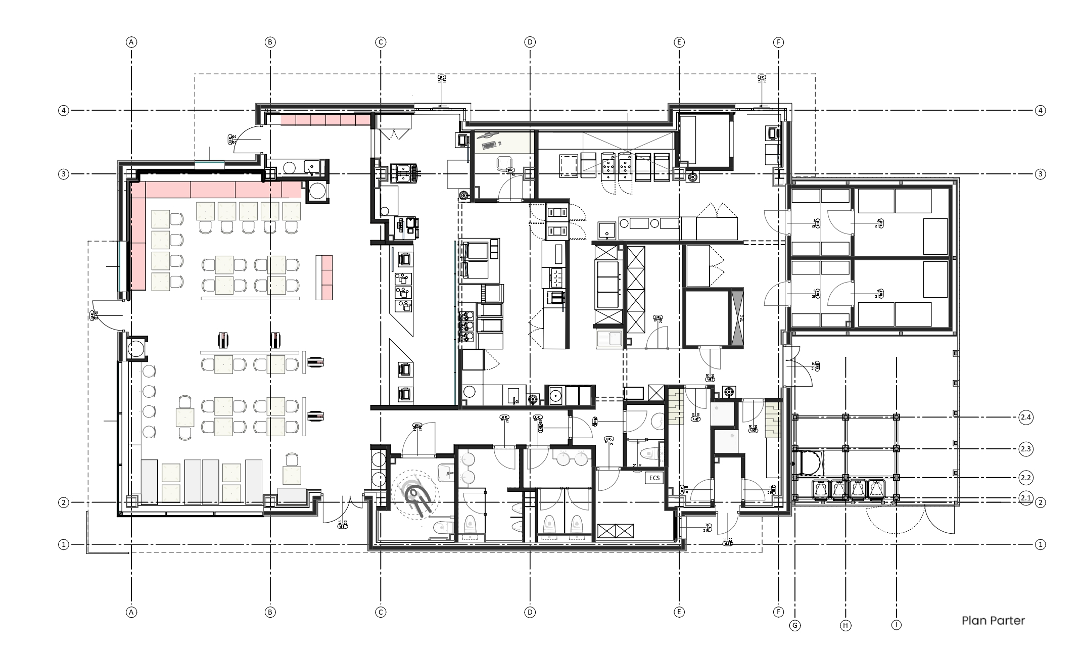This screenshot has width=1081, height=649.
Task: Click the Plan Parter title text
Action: click(x=993, y=621)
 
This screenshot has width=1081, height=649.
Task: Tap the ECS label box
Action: click(x=654, y=478)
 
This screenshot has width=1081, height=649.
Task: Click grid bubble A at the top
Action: click(x=131, y=42)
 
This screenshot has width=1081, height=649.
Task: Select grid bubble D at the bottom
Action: click(x=530, y=612)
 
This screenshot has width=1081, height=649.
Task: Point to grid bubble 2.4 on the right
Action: click(x=1025, y=418)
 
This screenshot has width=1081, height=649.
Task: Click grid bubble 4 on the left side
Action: click(x=63, y=110)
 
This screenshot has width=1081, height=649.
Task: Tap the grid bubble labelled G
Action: click(x=795, y=626)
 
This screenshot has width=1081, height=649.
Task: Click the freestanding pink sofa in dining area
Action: click(x=324, y=277)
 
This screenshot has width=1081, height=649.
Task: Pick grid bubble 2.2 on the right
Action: click(x=1025, y=477)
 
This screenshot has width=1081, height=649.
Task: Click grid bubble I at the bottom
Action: click(x=897, y=625)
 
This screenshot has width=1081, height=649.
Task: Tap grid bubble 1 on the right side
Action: click(x=1040, y=544)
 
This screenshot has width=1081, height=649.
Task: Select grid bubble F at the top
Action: click(x=778, y=42)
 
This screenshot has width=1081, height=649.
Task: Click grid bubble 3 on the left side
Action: click(x=63, y=174)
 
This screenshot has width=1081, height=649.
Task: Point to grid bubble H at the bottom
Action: click(x=845, y=626)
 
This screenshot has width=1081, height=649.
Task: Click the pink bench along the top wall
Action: click(x=325, y=120)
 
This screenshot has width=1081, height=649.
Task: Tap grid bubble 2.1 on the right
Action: click(x=1025, y=497)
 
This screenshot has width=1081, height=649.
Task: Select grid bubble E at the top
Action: click(x=679, y=42)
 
